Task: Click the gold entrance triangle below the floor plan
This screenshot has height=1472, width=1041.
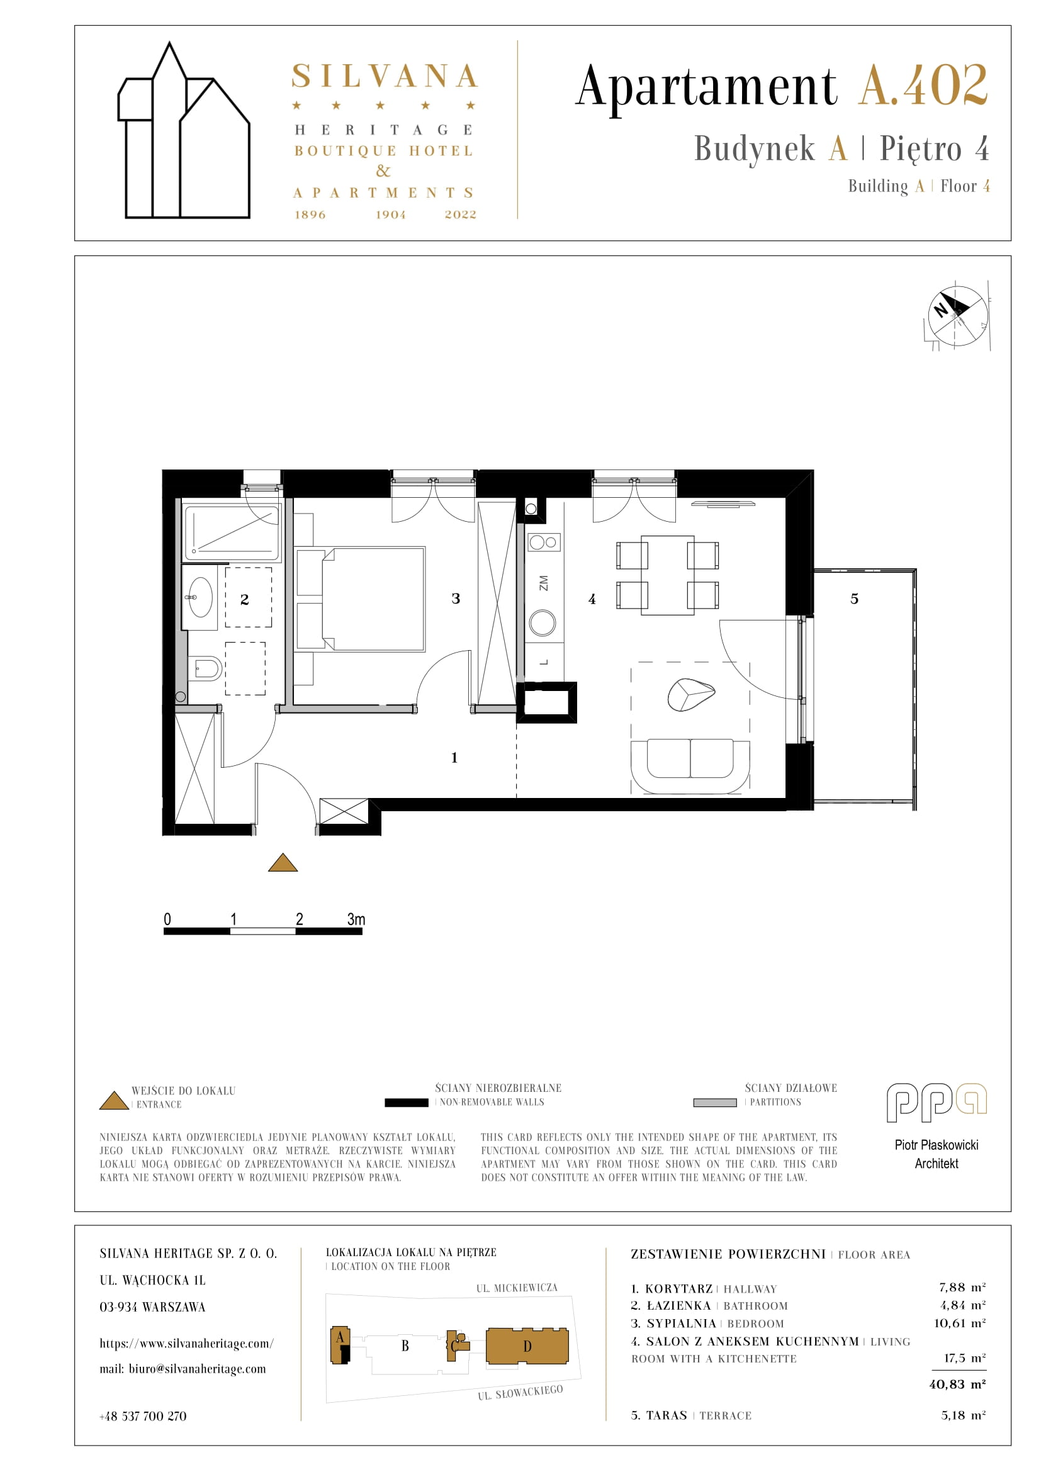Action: (x=283, y=863)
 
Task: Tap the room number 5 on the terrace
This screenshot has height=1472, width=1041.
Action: (x=854, y=598)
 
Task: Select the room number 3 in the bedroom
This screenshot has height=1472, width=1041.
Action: (x=456, y=598)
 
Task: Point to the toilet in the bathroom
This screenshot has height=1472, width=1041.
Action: (x=206, y=670)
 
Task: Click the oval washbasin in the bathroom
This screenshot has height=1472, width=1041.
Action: (x=201, y=597)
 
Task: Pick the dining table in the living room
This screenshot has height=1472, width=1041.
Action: (x=667, y=575)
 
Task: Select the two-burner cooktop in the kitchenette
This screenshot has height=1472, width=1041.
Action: (x=544, y=542)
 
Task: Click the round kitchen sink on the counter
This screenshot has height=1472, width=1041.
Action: (x=543, y=622)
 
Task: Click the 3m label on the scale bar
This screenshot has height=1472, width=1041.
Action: (x=356, y=919)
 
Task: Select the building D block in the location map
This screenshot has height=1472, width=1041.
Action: (x=527, y=1346)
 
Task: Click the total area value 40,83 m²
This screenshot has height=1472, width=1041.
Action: (x=957, y=1384)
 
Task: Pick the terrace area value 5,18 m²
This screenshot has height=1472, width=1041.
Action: (x=964, y=1415)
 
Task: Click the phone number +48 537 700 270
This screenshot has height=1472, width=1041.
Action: (x=143, y=1416)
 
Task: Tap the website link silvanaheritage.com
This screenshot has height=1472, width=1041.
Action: (x=186, y=1343)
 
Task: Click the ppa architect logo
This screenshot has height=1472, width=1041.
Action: (x=937, y=1103)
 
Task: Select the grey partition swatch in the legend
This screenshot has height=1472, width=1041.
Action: (x=715, y=1103)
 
